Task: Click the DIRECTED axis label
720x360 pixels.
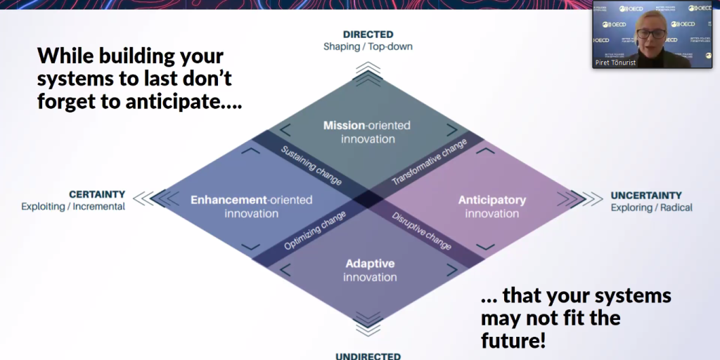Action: (x=368, y=34)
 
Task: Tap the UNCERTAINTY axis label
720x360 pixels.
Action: (x=646, y=195)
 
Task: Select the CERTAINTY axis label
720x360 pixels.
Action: (x=97, y=195)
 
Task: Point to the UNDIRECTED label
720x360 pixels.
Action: (x=368, y=356)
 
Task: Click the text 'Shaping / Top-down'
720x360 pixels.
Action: (x=368, y=46)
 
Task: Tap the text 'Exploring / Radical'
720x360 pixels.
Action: (x=652, y=207)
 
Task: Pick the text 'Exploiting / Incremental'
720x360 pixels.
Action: (x=73, y=207)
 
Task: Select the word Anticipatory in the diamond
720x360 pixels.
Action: (x=491, y=200)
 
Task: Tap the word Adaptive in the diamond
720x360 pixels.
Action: (x=370, y=264)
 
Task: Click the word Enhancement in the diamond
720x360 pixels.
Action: (x=229, y=200)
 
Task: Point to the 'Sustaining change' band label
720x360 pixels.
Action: (x=311, y=166)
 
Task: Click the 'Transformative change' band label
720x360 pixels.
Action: (x=430, y=162)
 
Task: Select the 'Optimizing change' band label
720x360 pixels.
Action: (x=315, y=231)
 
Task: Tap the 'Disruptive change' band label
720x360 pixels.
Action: (x=422, y=231)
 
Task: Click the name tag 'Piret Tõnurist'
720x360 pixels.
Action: (x=615, y=63)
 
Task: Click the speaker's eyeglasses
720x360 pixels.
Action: (x=650, y=34)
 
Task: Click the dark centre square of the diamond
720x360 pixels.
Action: (x=368, y=200)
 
